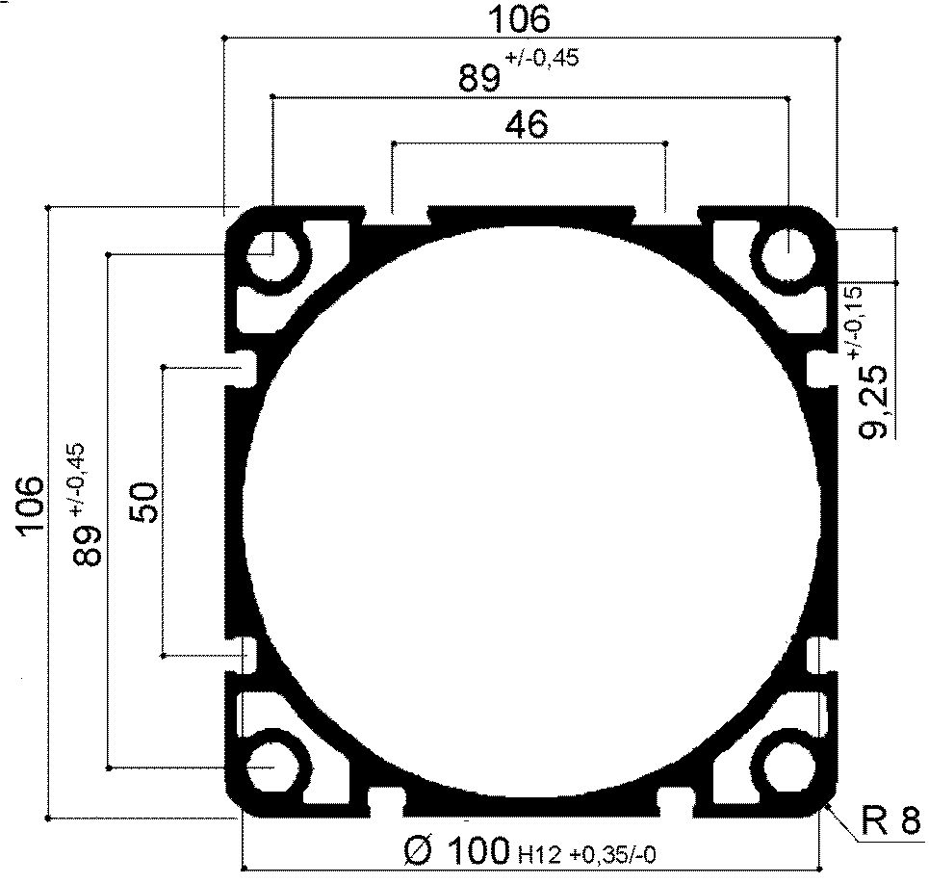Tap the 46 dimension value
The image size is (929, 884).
coord(527,124)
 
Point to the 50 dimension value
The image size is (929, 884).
coord(143,501)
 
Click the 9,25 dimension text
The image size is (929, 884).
coord(874,402)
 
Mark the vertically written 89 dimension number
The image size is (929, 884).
coord(88,544)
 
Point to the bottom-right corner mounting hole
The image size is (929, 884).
coord(788,767)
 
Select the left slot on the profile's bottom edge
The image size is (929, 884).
coord(387,798)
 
